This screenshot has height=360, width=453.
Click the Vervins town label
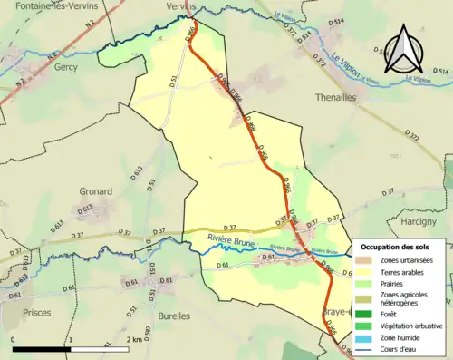click(181, 5)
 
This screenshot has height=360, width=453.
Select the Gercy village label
click(65, 67)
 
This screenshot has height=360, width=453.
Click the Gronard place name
click(95, 191)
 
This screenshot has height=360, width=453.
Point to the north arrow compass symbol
click(406, 49)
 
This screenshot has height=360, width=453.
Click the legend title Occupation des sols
click(400, 247)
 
